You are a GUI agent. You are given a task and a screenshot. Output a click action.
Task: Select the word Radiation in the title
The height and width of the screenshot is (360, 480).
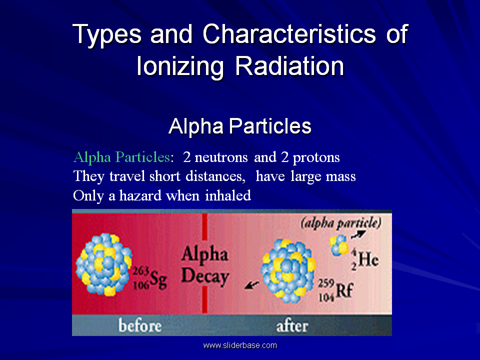click(289, 66)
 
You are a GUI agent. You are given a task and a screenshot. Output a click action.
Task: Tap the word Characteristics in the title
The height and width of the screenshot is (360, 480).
click(289, 33)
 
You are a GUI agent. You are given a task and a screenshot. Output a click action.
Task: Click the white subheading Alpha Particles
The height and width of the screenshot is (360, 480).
click(240, 126)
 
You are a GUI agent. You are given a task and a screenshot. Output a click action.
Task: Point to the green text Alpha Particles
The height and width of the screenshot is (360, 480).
click(122, 157)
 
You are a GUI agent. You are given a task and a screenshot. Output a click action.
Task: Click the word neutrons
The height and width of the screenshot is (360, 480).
click(221, 157)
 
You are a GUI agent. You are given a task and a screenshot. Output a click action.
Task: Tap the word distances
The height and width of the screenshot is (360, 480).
click(215, 176)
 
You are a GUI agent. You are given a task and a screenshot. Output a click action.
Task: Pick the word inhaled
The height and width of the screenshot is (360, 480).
click(228, 195)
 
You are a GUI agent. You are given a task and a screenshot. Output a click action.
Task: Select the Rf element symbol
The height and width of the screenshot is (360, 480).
click(344, 290)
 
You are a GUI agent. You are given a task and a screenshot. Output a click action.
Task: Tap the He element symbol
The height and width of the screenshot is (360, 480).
click(368, 259)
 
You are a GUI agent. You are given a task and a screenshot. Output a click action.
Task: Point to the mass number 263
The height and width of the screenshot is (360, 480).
click(141, 271)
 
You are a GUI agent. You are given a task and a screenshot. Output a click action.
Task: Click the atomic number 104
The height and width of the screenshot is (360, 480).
click(326, 297)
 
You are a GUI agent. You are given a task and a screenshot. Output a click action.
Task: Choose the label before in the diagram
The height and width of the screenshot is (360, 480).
click(140, 325)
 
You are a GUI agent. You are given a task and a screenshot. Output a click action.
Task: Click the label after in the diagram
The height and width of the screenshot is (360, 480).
click(292, 326)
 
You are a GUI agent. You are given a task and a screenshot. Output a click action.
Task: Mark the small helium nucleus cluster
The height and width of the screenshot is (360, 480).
click(339, 245)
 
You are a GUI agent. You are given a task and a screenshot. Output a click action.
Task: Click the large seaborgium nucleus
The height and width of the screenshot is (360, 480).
click(104, 264)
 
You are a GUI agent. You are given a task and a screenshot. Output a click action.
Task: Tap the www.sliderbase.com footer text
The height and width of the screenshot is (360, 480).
click(240, 345)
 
